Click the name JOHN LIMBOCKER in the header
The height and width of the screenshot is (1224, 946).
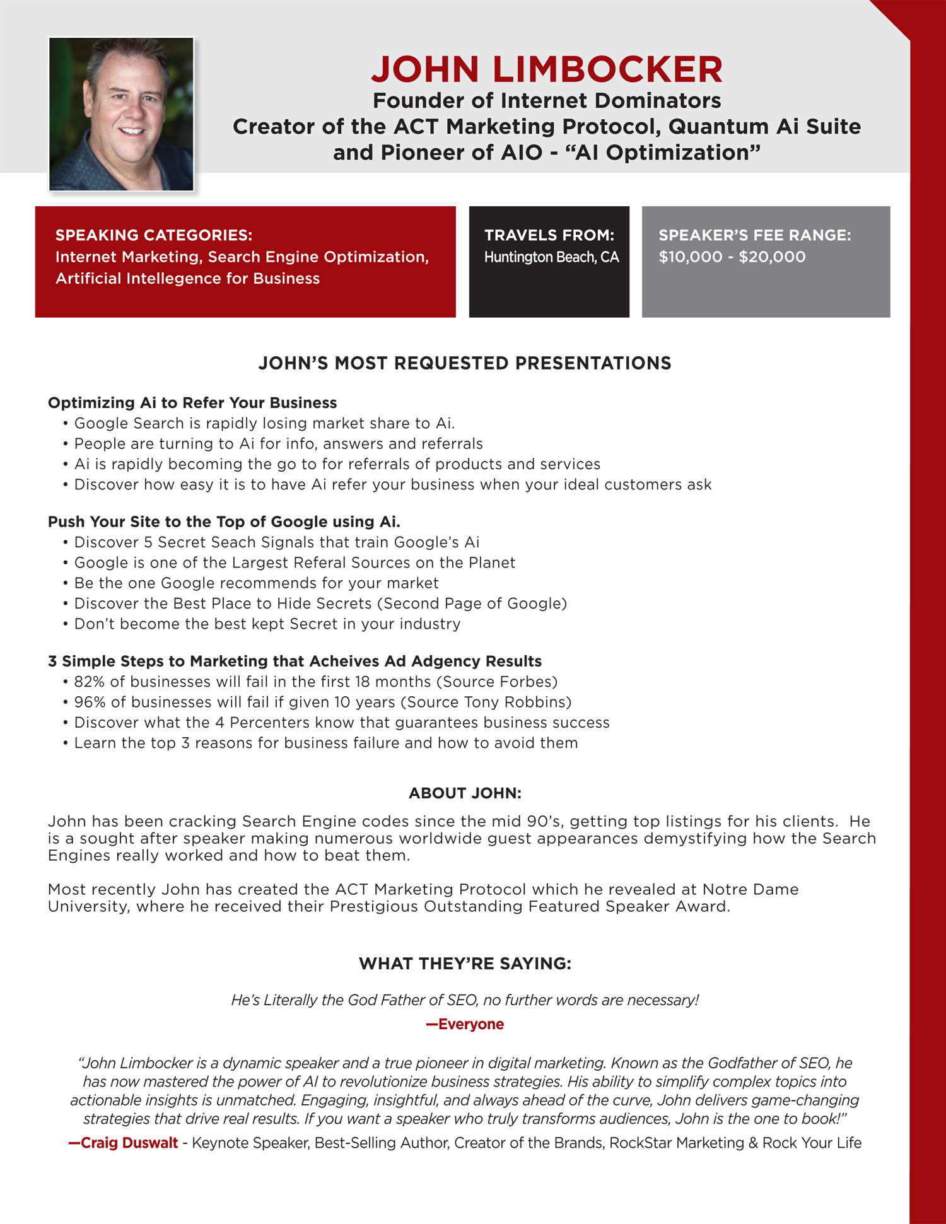pos(546,69)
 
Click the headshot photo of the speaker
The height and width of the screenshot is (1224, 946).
pos(121,114)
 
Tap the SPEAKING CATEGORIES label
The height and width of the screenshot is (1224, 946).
pos(154,235)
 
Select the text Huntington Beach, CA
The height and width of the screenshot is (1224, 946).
pos(551,257)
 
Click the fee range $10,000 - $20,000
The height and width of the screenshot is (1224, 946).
pos(732,257)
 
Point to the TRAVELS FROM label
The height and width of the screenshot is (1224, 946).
pos(549,235)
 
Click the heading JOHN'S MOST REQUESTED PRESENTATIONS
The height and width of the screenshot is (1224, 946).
pos(465,363)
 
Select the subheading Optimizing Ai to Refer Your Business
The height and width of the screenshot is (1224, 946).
pos(192,403)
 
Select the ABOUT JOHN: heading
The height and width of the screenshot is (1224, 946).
pos(465,793)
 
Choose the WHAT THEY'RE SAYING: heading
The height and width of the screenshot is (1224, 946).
pos(465,964)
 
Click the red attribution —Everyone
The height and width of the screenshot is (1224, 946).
pos(465,1024)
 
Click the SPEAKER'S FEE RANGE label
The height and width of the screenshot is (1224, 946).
pos(754,235)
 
